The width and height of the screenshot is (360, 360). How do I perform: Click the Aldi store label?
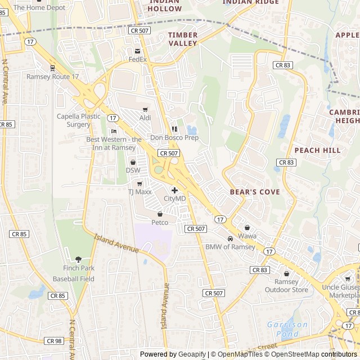pyautogui.click(x=145, y=118)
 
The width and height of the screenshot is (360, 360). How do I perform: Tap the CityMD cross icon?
pyautogui.click(x=174, y=190)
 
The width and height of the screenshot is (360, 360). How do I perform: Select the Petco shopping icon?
pyautogui.click(x=160, y=214)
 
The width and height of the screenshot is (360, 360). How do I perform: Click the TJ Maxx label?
pyautogui.click(x=139, y=192)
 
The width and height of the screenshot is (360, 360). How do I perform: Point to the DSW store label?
pyautogui.click(x=133, y=170)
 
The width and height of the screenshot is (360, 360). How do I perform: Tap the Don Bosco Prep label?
pyautogui.click(x=174, y=138)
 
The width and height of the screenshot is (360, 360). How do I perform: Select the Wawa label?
pyautogui.click(x=247, y=236)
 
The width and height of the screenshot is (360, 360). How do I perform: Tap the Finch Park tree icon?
pyautogui.click(x=78, y=259)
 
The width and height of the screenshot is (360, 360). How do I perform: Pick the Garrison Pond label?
pyautogui.click(x=287, y=328)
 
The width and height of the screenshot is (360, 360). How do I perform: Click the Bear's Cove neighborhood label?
pyautogui.click(x=254, y=192)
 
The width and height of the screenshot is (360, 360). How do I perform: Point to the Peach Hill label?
pyautogui.click(x=317, y=151)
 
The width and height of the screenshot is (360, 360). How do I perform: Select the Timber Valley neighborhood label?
pyautogui.click(x=183, y=39)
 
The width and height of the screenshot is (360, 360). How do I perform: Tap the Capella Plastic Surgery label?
pyautogui.click(x=78, y=120)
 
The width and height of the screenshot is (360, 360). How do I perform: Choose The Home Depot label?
pyautogui.click(x=39, y=8)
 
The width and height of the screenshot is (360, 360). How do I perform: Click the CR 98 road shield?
pyautogui.click(x=54, y=341)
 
